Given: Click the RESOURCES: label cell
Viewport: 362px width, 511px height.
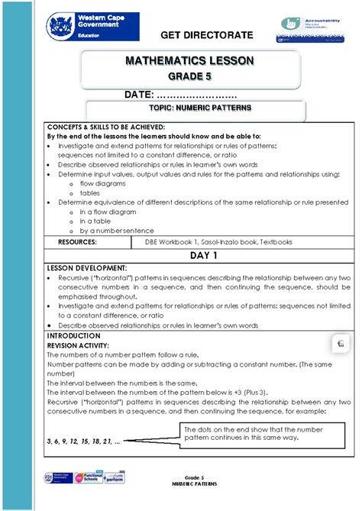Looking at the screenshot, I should pyautogui.click(x=77, y=241).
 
